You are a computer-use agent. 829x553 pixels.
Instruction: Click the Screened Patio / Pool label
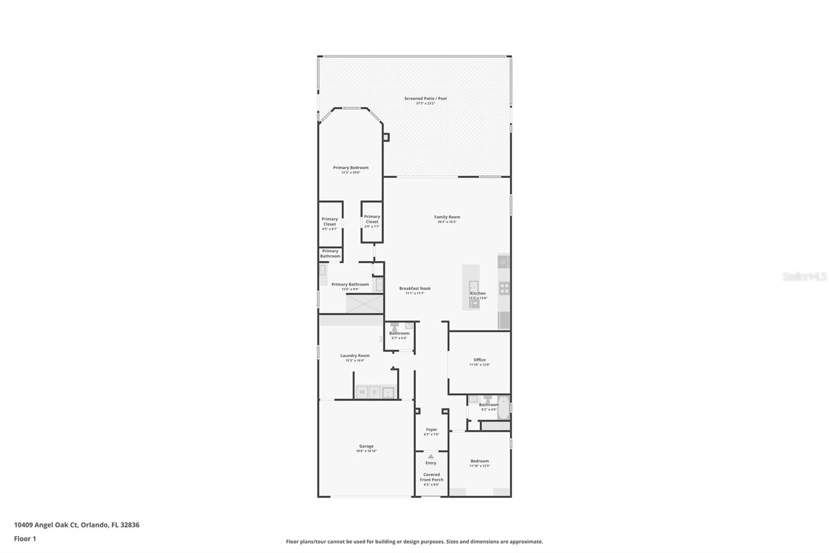(425, 98)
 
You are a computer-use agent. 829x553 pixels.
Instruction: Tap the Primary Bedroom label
(351, 168)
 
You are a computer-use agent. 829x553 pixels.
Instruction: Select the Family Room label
(447, 217)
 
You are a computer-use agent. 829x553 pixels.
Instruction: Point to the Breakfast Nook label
(414, 288)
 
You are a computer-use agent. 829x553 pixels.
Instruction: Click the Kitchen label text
(478, 293)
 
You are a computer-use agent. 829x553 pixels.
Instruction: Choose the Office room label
(479, 360)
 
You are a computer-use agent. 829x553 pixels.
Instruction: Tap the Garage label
(366, 446)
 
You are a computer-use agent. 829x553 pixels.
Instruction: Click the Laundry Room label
(355, 355)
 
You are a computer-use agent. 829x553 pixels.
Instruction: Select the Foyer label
(431, 430)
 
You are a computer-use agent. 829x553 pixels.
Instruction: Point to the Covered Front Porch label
(432, 477)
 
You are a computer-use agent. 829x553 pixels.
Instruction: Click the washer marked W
(362, 392)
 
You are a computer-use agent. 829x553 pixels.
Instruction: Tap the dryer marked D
(375, 392)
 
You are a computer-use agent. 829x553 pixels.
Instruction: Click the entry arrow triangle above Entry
(431, 457)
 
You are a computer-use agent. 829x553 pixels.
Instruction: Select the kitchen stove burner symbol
(504, 288)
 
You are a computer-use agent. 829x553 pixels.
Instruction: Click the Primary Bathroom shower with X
(364, 303)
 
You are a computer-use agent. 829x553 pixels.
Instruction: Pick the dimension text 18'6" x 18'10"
(366, 451)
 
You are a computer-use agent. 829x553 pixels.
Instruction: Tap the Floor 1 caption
(25, 538)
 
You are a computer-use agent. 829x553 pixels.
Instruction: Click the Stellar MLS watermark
(805, 276)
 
